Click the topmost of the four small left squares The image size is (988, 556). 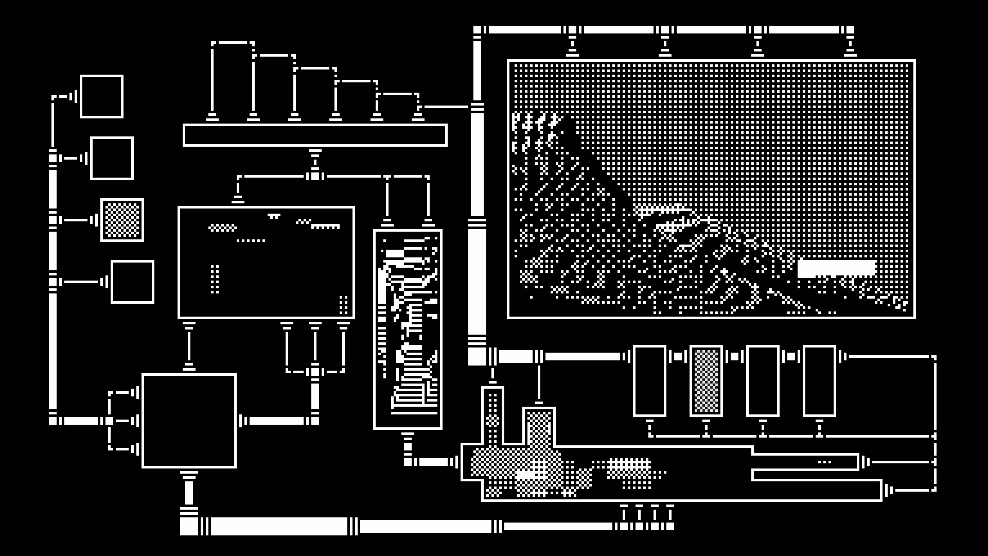[x=101, y=96]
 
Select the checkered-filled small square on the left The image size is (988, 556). [x=122, y=220]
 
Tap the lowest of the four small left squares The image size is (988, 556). [x=132, y=282]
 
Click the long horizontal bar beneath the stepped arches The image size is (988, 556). [x=315, y=135]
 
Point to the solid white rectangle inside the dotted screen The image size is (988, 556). [x=836, y=268]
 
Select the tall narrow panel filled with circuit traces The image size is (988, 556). [x=408, y=329]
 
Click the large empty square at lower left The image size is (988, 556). [x=189, y=421]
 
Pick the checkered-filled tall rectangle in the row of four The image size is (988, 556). [x=706, y=381]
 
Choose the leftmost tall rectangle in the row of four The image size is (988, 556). [x=649, y=381]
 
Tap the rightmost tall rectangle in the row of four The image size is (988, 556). [x=819, y=381]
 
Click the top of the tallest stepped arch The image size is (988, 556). [x=233, y=43]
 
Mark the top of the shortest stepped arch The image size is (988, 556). [x=397, y=94]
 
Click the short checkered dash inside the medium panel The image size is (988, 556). [x=222, y=228]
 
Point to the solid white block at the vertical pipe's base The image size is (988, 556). [x=477, y=356]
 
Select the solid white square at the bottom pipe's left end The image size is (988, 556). [x=189, y=526]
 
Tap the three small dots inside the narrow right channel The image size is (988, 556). [x=824, y=462]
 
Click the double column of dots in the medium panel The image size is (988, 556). [x=215, y=279]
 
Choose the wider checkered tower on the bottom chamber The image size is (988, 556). [x=539, y=427]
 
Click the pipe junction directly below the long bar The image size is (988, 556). [x=315, y=176]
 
